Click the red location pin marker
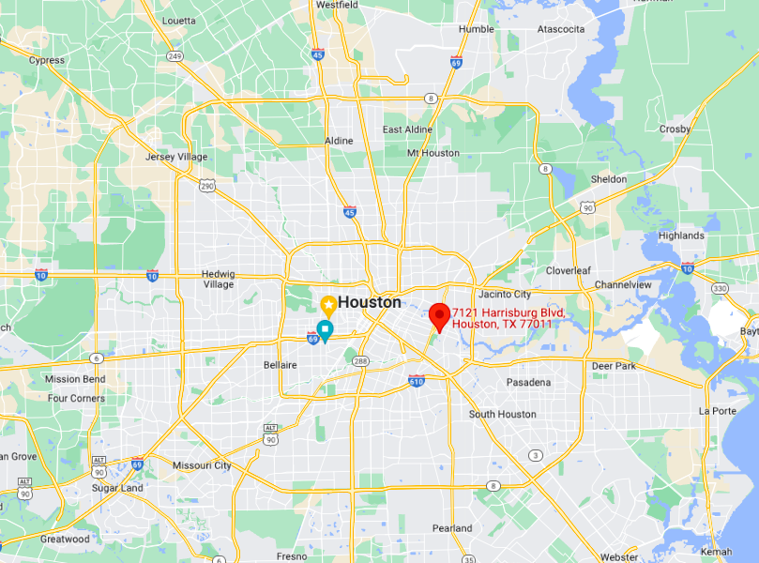tap(438, 316)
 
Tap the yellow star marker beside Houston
tap(328, 304)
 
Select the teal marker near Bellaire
tap(325, 330)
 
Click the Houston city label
tap(369, 302)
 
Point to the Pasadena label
tap(528, 383)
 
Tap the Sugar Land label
tap(117, 489)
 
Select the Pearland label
tap(452, 528)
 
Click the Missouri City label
tap(202, 465)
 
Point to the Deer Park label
tap(615, 365)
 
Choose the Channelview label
tap(623, 284)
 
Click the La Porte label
tap(718, 411)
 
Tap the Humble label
tap(476, 29)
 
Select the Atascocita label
tap(561, 29)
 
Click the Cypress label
tap(47, 60)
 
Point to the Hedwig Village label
tap(219, 279)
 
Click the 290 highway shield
tap(206, 186)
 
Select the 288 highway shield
tap(359, 360)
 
